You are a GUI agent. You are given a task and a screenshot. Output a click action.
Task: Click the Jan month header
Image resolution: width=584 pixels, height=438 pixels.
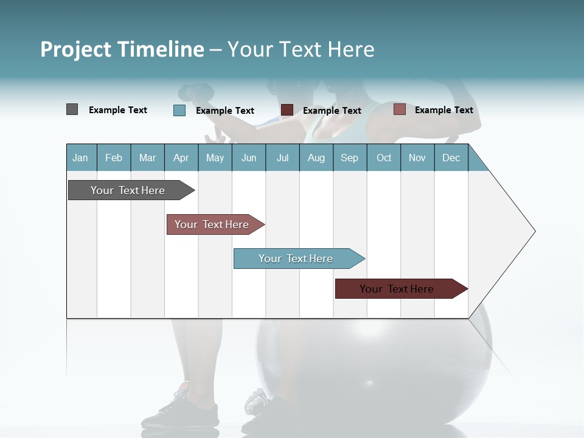[80, 158]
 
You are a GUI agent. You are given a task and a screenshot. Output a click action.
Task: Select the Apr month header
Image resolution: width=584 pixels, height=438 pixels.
[181, 158]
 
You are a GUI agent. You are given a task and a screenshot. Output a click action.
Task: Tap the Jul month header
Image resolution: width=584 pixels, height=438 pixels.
[282, 158]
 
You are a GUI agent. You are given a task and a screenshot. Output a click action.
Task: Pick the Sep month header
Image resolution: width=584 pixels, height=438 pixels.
[349, 158]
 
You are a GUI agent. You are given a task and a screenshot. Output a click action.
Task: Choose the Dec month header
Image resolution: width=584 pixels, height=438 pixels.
[451, 158]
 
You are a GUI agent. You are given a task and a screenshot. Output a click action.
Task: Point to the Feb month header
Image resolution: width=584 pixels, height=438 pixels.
[114, 158]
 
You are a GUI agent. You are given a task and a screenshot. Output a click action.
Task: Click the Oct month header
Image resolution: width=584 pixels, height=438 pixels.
[384, 158]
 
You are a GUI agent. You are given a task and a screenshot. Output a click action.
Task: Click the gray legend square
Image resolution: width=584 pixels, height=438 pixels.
[72, 109]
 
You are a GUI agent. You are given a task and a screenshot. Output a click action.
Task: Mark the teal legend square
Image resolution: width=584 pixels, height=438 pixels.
[179, 110]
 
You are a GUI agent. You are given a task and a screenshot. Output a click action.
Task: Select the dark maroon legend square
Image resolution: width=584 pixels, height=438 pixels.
[287, 110]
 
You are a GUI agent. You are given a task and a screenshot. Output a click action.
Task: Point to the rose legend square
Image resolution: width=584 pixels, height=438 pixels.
[399, 109]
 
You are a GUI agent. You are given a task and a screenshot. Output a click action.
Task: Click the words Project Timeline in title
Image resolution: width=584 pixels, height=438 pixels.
[122, 49]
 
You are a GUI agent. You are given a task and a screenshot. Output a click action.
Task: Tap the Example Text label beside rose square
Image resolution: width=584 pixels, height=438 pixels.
[443, 110]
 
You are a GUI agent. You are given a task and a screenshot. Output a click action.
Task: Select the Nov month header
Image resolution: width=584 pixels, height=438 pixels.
[417, 158]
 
